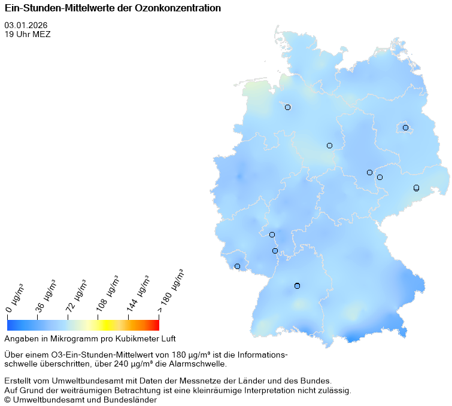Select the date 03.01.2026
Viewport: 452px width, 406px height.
pos(26,26)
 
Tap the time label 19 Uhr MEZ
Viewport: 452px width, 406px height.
pos(28,34)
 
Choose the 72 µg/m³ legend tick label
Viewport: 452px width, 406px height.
pos(77,295)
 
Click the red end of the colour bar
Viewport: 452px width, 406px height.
pos(156,325)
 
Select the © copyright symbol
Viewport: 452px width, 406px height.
pos(7,399)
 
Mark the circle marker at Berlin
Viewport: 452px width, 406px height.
pos(405,127)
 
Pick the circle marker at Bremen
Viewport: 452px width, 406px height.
pos(287,108)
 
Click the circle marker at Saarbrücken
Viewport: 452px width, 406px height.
pos(237,266)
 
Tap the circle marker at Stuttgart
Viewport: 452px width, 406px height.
pos(297,286)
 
